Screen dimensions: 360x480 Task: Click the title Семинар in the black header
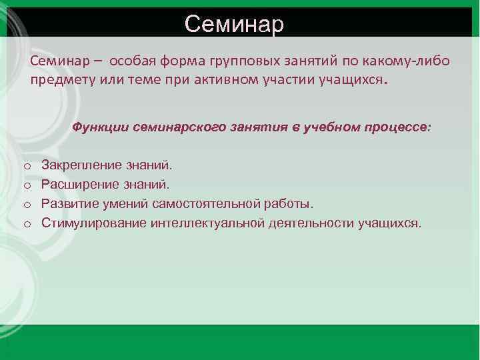(x=234, y=23)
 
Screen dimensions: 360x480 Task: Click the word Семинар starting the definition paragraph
(x=56, y=62)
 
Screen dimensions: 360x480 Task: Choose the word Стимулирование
(x=94, y=222)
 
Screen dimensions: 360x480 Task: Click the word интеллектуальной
(x=208, y=222)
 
